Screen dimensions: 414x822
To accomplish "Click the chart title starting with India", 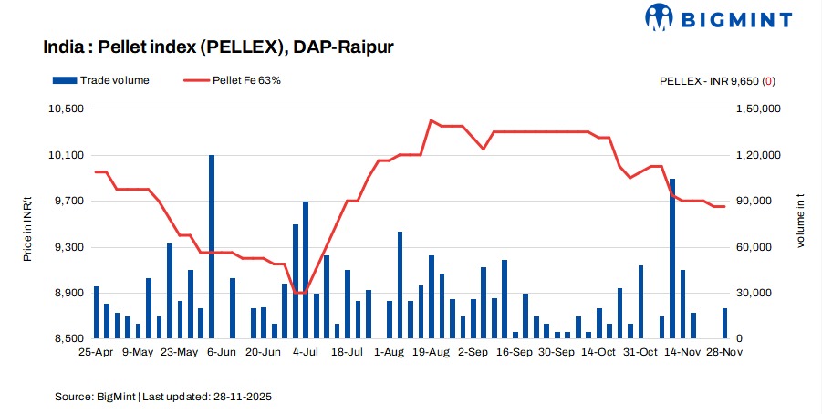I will click(219, 47).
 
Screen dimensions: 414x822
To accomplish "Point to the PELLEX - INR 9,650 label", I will click(717, 80).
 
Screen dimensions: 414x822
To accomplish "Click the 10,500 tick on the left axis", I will click(64, 109).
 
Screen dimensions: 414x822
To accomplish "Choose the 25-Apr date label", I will click(96, 351).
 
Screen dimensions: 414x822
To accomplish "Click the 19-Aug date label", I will click(431, 351).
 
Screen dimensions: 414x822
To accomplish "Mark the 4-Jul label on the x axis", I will click(305, 351).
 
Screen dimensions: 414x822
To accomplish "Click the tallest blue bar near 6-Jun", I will click(212, 246).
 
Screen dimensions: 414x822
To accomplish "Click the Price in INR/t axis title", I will click(28, 223).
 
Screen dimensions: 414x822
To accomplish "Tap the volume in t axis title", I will click(801, 223).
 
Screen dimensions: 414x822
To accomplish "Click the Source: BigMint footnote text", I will click(163, 398).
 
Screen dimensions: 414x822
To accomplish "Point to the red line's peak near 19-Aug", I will click(431, 120).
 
